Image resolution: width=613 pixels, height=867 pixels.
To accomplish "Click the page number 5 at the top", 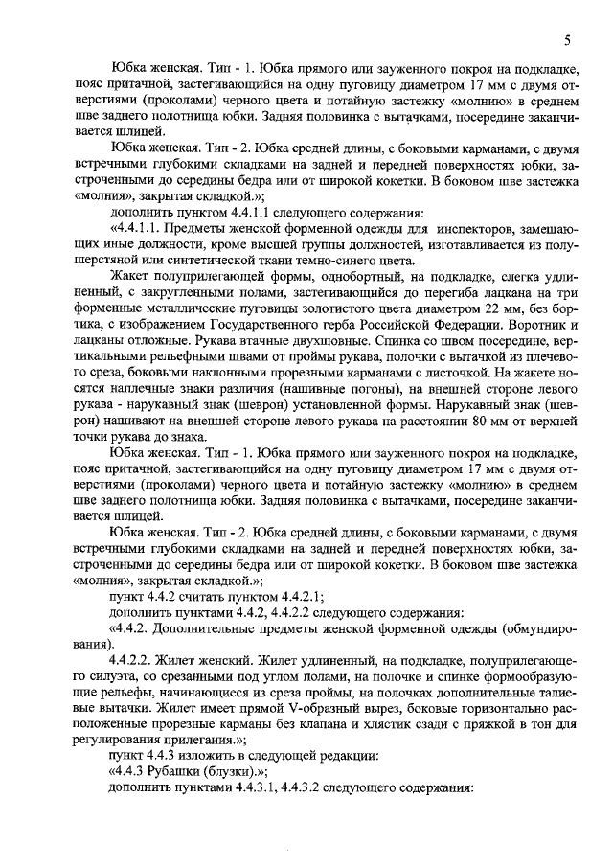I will (x=568, y=41).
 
